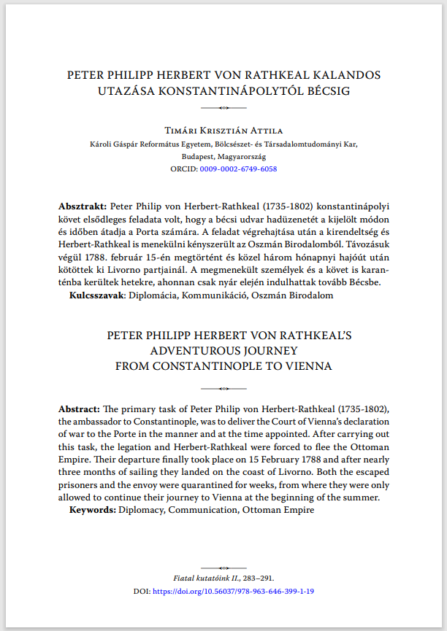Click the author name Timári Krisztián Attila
click(223, 130)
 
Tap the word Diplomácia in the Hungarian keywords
click(157, 295)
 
